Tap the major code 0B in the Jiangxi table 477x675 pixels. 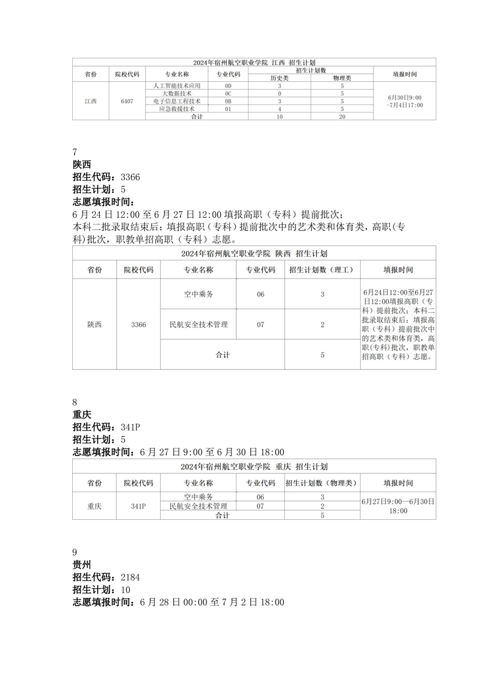pyautogui.click(x=228, y=101)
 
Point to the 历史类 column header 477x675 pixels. pyautogui.click(x=280, y=78)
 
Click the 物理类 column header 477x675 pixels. pyautogui.click(x=342, y=78)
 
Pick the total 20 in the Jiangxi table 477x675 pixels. pyautogui.click(x=342, y=117)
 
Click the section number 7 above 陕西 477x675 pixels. pyautogui.click(x=75, y=152)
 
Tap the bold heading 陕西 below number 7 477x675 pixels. pyautogui.click(x=81, y=164)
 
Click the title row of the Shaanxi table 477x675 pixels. pyautogui.click(x=254, y=253)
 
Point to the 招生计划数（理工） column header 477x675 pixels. pyautogui.click(x=322, y=270)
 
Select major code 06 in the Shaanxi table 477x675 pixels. pyautogui.click(x=260, y=294)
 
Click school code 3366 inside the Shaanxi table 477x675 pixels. pyautogui.click(x=138, y=324)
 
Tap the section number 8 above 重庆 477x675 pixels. pyautogui.click(x=75, y=402)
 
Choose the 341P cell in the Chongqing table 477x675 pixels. pyautogui.click(x=138, y=506)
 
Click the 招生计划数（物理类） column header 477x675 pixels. pyautogui.click(x=322, y=483)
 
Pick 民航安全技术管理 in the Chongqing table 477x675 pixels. pyautogui.click(x=198, y=506)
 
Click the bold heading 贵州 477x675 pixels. pyautogui.click(x=81, y=565)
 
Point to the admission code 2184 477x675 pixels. pyautogui.click(x=131, y=578)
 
